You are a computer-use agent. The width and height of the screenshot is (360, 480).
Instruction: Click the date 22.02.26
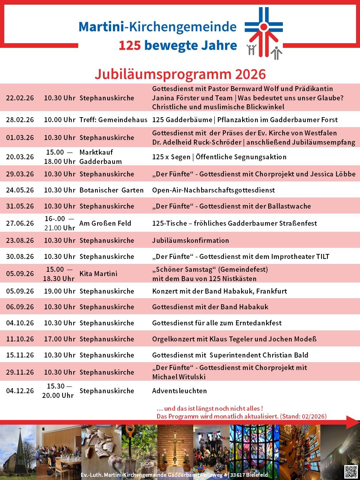pyautogui.click(x=20, y=98)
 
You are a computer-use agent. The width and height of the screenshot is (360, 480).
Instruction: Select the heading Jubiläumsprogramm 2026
pyautogui.click(x=180, y=74)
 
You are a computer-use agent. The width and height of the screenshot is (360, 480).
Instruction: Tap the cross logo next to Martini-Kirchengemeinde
pyautogui.click(x=264, y=32)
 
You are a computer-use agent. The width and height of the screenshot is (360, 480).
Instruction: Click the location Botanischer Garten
pyautogui.click(x=111, y=190)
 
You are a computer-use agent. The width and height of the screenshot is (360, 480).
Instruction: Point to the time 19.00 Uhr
pyautogui.click(x=60, y=291)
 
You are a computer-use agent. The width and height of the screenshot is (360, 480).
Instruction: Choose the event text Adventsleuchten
pyautogui.click(x=179, y=391)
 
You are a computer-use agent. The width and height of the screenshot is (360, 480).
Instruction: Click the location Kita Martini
pyautogui.click(x=98, y=274)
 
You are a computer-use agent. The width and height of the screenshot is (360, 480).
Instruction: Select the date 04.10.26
pyautogui.click(x=20, y=323)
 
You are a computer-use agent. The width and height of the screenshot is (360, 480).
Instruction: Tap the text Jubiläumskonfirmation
pyautogui.click(x=190, y=240)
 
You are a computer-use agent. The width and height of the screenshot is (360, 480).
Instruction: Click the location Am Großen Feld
pyautogui.click(x=105, y=223)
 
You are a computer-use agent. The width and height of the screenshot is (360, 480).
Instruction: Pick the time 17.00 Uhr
pyautogui.click(x=60, y=339)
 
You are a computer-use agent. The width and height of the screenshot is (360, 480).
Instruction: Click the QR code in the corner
pyautogui.click(x=351, y=471)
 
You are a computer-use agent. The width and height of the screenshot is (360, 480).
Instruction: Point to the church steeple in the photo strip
pyautogui.click(x=20, y=443)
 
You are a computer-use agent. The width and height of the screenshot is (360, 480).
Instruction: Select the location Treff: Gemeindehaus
pyautogui.click(x=113, y=120)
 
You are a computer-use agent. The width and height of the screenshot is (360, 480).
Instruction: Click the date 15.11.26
pyautogui.click(x=20, y=355)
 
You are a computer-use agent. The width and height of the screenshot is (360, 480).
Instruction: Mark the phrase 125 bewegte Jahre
pyautogui.click(x=178, y=45)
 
